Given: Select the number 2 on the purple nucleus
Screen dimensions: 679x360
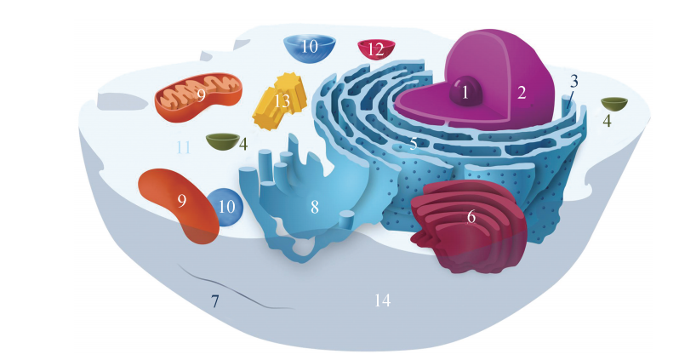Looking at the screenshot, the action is [522, 92].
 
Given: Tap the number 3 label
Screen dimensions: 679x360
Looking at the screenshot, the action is [574, 82].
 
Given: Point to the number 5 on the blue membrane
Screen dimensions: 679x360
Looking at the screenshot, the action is [413, 144].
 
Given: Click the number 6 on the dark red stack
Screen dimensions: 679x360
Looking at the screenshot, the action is [471, 216].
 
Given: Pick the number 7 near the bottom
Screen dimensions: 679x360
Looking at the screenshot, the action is [215, 300].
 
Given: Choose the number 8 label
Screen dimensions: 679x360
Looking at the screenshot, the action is [314, 206].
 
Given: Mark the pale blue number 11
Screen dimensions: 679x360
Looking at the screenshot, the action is [183, 147].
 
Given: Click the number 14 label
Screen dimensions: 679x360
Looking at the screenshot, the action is [382, 300].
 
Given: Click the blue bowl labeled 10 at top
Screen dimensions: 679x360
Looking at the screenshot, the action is [309, 47].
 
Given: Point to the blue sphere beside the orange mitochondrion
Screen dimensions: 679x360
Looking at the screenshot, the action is [225, 207].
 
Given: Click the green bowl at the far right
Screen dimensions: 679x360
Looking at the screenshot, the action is [613, 104].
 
